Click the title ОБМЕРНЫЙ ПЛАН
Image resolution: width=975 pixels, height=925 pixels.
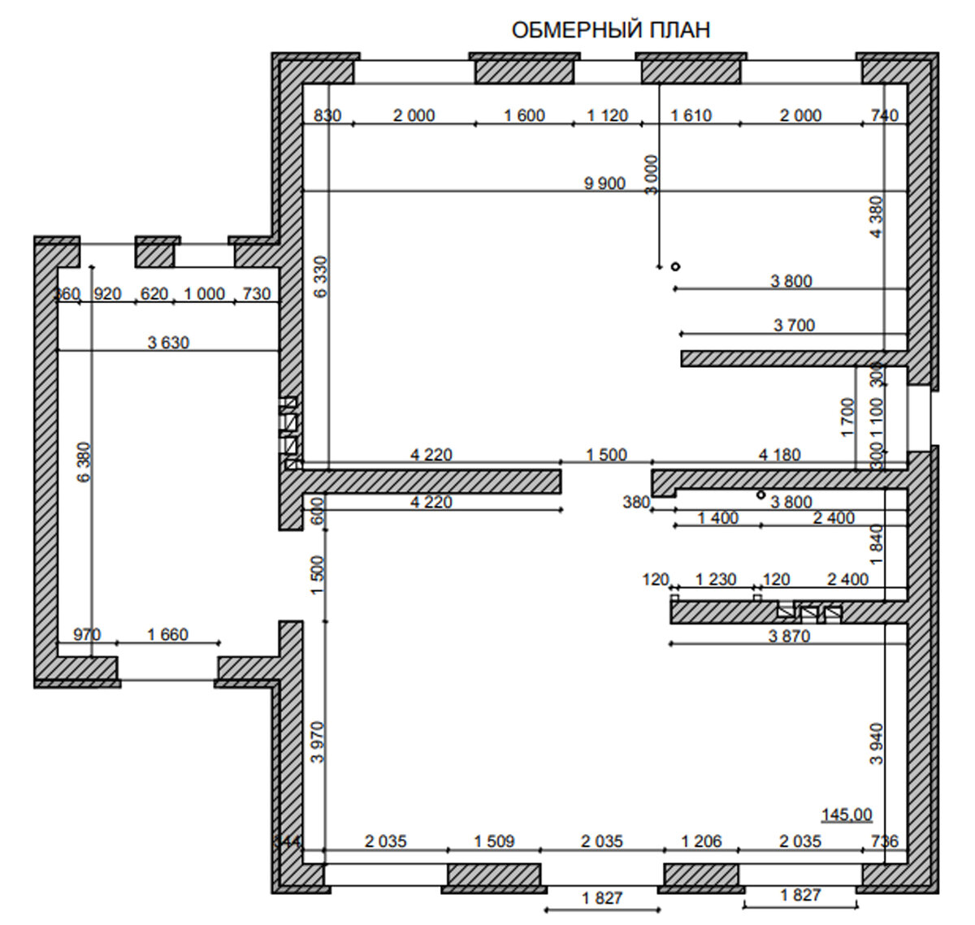tap(610, 30)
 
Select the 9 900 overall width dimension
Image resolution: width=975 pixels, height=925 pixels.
tap(604, 183)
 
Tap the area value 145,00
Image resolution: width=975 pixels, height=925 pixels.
tap(847, 815)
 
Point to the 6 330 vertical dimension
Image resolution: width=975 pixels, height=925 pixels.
tap(321, 277)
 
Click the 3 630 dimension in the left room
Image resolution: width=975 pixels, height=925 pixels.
tap(168, 343)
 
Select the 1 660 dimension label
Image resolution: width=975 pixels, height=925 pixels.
tap(167, 634)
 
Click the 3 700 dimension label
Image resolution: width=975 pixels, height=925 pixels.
tap(794, 326)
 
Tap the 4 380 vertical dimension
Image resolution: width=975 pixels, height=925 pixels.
tap(876, 217)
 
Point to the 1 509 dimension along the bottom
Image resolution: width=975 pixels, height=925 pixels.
tap(494, 841)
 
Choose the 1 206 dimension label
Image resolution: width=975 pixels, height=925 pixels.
tap(701, 841)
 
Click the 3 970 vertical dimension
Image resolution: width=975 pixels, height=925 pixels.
tap(318, 741)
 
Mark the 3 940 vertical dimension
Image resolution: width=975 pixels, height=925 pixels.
tap(876, 744)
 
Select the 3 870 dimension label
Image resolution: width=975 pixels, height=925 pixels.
tap(789, 637)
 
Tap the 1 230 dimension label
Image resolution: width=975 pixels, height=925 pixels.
tap(716, 580)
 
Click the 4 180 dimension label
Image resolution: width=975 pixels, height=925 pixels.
tap(779, 455)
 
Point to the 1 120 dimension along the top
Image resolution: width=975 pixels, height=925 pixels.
tap(607, 115)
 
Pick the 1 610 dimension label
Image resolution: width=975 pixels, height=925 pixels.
tap(691, 115)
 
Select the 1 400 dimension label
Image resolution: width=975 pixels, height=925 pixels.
tap(718, 518)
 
